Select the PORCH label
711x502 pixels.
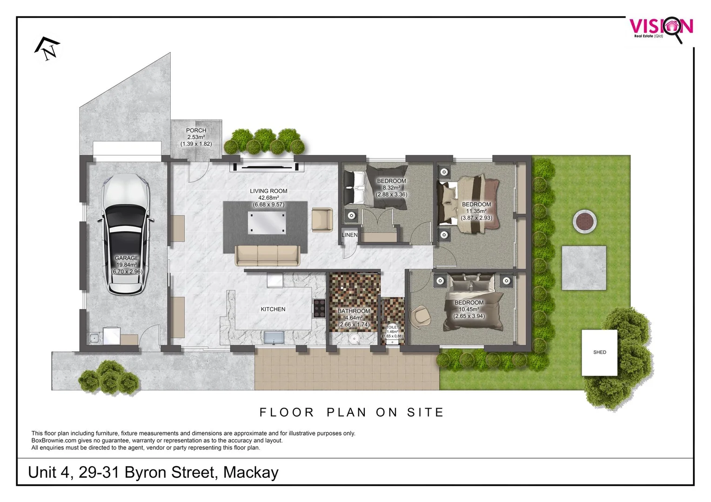point(196,131)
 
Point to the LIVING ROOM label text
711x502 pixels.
point(268,191)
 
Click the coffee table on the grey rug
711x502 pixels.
point(267,222)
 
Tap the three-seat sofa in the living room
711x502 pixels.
point(267,255)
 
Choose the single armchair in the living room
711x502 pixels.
point(322,219)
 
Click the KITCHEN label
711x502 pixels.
point(273,309)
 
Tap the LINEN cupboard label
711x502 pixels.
point(349,235)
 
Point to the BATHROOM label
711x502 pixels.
point(354,311)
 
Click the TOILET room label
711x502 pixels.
point(393,327)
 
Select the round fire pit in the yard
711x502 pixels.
point(585,222)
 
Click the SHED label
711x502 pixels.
point(599,352)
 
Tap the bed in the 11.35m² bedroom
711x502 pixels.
point(470,205)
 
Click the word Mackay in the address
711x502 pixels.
point(251,472)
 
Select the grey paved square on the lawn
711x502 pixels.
point(584,268)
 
